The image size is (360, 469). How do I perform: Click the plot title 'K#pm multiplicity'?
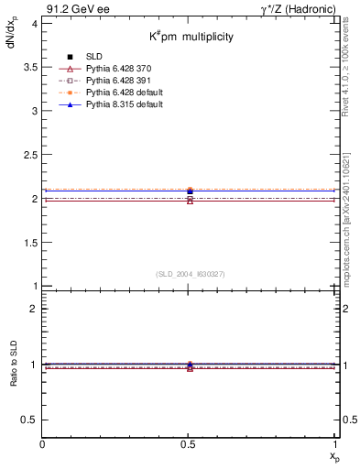pos(191,37)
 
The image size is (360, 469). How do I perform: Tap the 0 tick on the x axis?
pos(43,444)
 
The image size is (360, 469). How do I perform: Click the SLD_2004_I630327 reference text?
pos(190,274)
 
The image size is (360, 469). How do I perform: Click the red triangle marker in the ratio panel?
pos(190,367)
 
